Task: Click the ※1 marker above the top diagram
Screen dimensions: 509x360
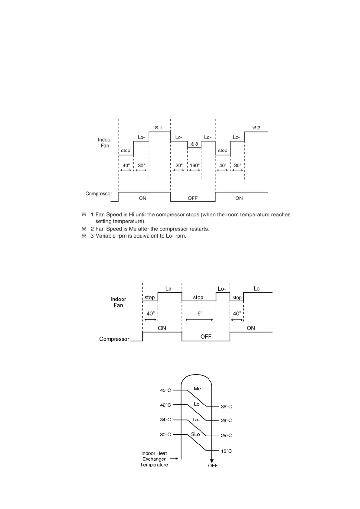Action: [158, 128]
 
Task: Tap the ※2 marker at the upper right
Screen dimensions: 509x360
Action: [256, 128]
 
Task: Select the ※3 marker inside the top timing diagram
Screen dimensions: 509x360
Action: [194, 144]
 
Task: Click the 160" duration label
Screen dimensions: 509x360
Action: [195, 165]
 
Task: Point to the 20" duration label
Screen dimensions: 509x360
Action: [179, 165]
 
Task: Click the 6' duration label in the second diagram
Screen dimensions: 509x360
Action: [199, 314]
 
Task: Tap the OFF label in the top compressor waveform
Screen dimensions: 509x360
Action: [192, 198]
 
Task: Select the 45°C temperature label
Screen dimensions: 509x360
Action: [165, 391]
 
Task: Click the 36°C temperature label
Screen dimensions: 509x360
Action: [226, 407]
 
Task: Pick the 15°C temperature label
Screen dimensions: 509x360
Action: [226, 451]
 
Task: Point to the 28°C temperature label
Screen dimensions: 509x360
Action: [226, 420]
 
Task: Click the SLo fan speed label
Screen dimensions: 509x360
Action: [195, 434]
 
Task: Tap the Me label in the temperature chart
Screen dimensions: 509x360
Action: [197, 389]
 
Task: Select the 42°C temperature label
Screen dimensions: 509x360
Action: [165, 405]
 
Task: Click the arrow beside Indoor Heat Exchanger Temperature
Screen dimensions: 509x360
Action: [174, 459]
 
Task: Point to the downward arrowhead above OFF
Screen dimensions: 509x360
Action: [212, 461]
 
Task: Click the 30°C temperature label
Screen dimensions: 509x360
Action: [165, 435]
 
